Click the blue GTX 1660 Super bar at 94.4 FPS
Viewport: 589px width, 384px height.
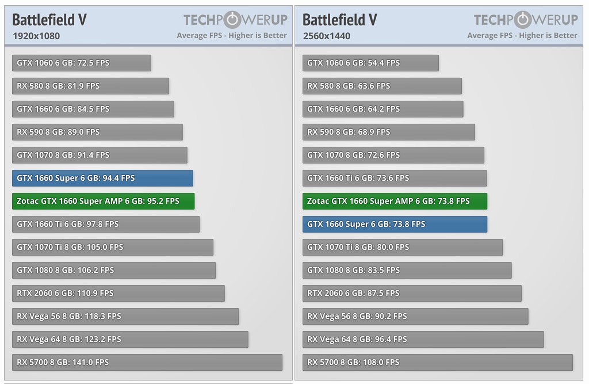click(102, 178)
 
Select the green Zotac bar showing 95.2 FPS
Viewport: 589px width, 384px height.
click(103, 201)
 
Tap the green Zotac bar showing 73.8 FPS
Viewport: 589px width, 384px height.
click(395, 201)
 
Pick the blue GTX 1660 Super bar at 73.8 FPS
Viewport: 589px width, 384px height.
click(395, 224)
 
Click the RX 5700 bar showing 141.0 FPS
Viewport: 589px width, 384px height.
click(147, 362)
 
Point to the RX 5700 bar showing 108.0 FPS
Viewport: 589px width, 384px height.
click(437, 362)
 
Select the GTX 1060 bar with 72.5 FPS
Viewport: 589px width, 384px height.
click(81, 63)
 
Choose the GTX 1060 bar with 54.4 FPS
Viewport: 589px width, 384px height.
click(370, 63)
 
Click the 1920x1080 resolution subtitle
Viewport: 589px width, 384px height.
click(36, 36)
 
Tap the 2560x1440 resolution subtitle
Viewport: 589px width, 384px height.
click(326, 36)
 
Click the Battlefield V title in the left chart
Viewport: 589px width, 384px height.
click(49, 20)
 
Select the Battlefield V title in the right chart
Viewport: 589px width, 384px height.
click(340, 20)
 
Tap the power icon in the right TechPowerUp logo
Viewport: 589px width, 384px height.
click(523, 20)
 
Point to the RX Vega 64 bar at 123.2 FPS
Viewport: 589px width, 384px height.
click(130, 339)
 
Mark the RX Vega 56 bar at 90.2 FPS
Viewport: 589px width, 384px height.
click(415, 316)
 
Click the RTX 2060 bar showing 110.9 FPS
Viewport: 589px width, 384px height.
click(118, 293)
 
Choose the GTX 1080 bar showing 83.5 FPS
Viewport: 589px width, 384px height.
click(407, 270)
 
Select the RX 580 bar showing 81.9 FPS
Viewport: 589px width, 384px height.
click(90, 86)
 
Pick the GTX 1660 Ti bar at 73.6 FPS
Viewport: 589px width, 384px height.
click(395, 178)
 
